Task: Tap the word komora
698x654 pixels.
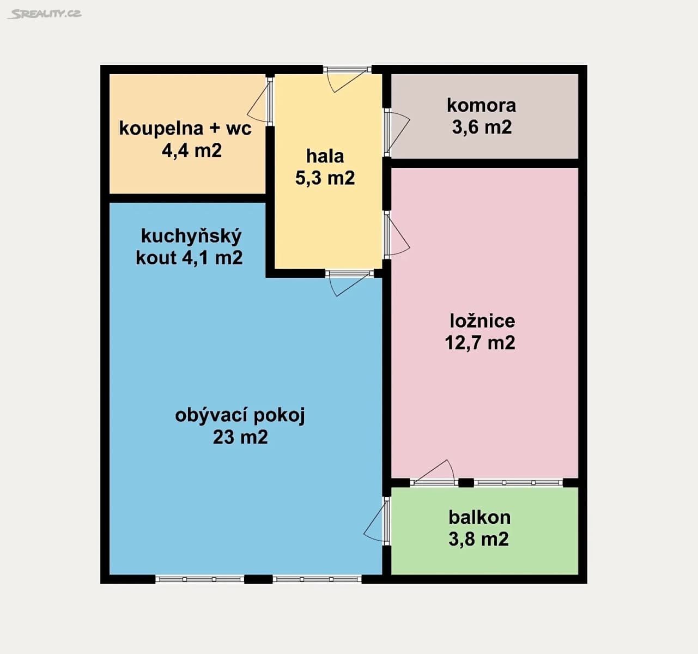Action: (x=481, y=105)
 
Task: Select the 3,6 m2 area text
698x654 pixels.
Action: (x=482, y=127)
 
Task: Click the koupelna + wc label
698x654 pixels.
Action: (x=185, y=128)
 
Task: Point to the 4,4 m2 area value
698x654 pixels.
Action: (x=192, y=150)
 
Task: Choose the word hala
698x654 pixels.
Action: (x=325, y=156)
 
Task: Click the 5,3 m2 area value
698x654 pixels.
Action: (x=325, y=178)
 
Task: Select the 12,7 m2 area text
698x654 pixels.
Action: (x=480, y=343)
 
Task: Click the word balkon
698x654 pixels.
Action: (x=480, y=517)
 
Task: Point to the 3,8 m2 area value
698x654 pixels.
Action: (x=478, y=539)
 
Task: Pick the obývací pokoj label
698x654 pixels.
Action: (x=240, y=415)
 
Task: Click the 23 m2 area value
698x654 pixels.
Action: (x=240, y=437)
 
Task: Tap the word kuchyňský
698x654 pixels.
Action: (x=191, y=236)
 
